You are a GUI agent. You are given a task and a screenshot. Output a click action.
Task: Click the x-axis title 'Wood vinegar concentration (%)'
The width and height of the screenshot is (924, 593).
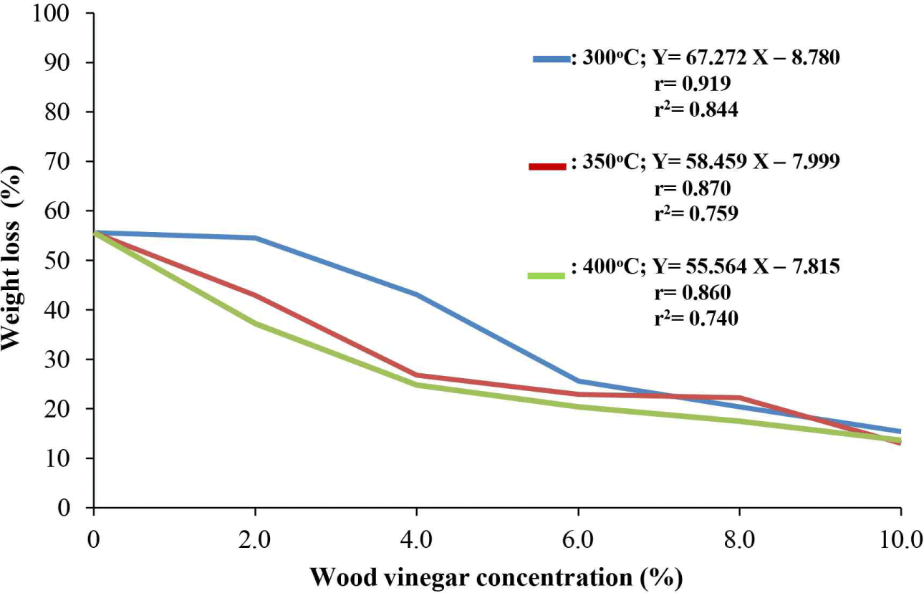496,575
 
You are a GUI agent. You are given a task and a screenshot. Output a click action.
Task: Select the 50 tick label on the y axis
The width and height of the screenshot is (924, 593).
64,261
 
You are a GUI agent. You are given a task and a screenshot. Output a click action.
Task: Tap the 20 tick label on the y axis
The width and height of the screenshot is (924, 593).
64,409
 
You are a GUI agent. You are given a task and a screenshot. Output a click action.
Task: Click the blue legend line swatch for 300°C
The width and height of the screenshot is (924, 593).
550,59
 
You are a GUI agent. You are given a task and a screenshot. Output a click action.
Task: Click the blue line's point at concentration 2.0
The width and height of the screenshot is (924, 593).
255,238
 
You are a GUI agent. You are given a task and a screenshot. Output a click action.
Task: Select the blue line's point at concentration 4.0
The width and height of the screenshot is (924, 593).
416,294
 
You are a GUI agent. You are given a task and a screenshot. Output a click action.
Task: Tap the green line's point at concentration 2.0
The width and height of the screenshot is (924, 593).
255,324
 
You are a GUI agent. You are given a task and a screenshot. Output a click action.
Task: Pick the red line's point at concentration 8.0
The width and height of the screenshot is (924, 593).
739,397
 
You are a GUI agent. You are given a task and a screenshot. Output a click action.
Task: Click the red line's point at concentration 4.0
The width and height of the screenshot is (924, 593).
416,375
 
